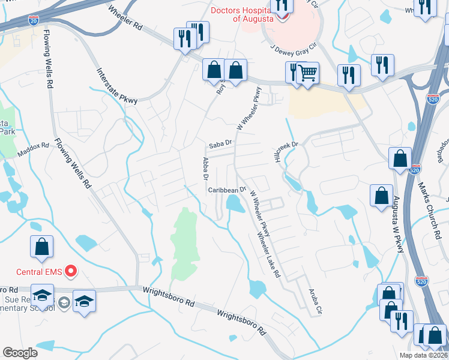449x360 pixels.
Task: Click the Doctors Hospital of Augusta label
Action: tap(244, 14)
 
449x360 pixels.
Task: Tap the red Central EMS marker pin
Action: tap(71, 272)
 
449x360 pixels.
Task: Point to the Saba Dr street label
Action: tap(220, 145)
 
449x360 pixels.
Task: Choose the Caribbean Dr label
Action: tap(228, 190)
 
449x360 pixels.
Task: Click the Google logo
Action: tap(20, 353)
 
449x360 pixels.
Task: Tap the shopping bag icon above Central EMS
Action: tap(41, 247)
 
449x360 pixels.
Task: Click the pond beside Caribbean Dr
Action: tap(234, 205)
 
